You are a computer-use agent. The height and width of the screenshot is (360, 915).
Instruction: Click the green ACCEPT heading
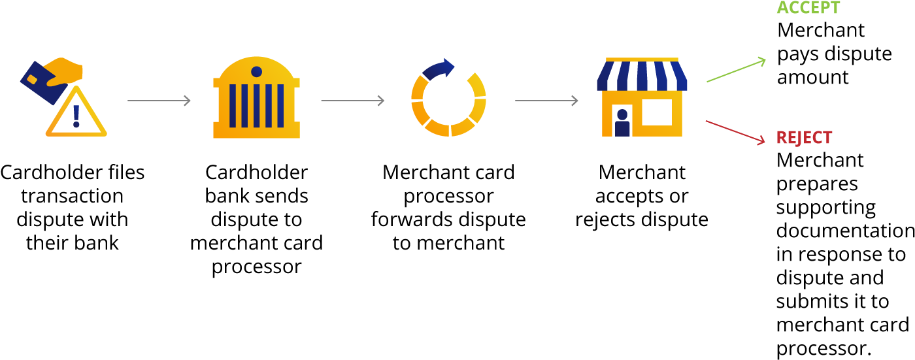[x=808, y=7]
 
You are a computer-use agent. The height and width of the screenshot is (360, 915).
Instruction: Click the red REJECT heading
[x=804, y=138]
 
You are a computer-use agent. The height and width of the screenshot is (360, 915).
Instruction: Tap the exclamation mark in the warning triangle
[x=76, y=116]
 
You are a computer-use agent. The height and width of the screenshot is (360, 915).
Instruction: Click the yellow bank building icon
[x=256, y=97]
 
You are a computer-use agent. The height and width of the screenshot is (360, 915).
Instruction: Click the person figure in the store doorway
[x=622, y=123]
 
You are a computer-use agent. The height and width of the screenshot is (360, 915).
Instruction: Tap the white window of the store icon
[x=657, y=112]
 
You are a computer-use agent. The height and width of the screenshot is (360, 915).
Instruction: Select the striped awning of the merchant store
[x=642, y=74]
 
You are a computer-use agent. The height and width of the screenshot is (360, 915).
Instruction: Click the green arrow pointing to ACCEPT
[x=736, y=70]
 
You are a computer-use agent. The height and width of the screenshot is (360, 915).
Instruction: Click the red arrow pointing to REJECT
[x=735, y=132]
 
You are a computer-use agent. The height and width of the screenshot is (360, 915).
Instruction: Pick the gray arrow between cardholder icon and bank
[x=159, y=101]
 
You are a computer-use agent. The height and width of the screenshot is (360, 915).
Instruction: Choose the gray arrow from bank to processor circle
[x=353, y=101]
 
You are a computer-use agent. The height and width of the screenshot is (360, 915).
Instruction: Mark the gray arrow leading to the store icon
[x=546, y=101]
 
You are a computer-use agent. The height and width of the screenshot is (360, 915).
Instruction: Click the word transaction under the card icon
[x=73, y=196]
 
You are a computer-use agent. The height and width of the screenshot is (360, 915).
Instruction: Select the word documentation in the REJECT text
[x=845, y=230]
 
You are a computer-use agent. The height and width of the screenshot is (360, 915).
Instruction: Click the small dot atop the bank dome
[x=256, y=72]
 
